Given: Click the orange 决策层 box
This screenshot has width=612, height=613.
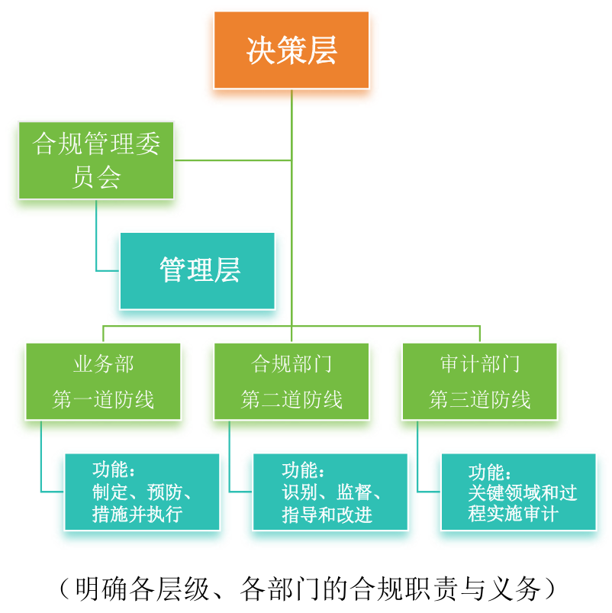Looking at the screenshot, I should (292, 50).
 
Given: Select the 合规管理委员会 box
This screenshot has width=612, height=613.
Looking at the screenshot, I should (96, 160).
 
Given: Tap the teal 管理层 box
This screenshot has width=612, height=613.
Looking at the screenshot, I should (197, 270).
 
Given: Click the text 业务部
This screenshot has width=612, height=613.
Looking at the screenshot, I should (103, 364).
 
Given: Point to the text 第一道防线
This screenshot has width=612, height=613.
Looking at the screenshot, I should (103, 399).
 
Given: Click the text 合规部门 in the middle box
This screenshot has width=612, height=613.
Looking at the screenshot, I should (292, 364).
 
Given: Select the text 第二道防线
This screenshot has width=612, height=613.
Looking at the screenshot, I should (292, 399).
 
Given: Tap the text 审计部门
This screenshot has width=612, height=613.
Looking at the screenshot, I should (479, 364).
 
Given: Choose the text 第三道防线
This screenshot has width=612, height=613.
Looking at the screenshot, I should (479, 399).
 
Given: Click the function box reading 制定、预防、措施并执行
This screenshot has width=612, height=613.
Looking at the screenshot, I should (142, 492).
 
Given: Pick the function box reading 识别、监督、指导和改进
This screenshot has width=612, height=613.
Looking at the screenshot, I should (330, 492).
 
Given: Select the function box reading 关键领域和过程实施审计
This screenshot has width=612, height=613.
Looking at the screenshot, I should (518, 492).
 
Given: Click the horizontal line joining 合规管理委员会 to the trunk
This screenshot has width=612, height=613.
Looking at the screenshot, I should (233, 160).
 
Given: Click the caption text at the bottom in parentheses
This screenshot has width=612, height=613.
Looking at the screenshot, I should (306, 589).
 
